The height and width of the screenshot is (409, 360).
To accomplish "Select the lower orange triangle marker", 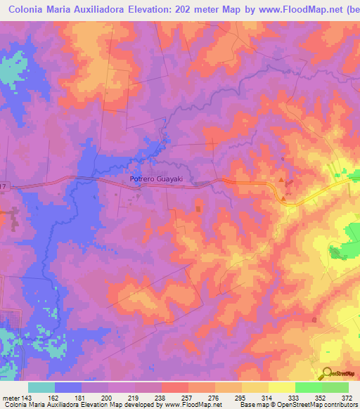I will [x=283, y=198].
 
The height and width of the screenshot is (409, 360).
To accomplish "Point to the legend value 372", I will [x=347, y=397].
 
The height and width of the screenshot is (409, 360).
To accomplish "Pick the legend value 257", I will [x=187, y=397].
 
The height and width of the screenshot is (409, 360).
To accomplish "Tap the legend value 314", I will [x=267, y=397].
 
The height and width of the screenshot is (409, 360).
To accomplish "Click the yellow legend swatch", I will [x=282, y=387].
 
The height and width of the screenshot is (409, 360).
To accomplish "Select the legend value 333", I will [x=294, y=397].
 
